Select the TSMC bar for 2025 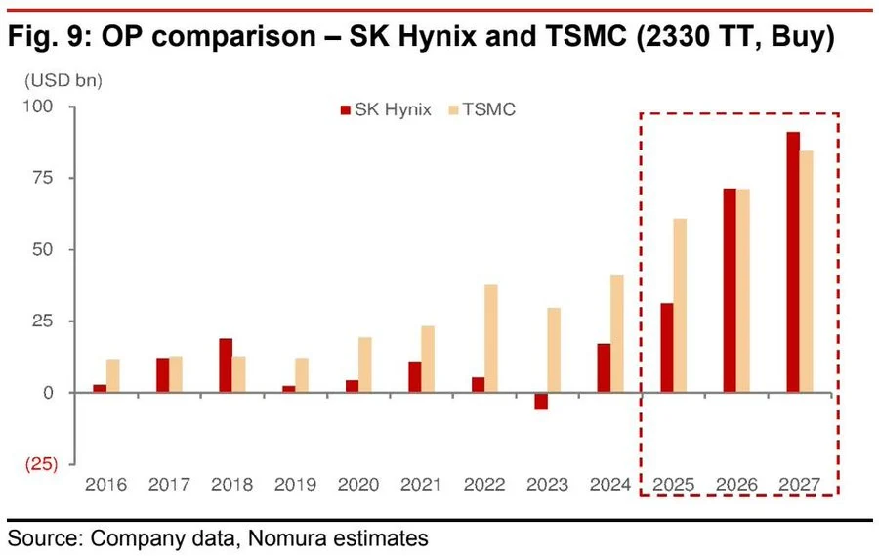click(x=680, y=305)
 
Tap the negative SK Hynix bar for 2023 click(x=541, y=401)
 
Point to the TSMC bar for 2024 click(x=617, y=333)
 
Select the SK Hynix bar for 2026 click(x=730, y=290)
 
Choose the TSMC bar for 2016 click(x=114, y=375)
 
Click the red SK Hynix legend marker click(x=344, y=109)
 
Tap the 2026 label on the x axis click(x=736, y=484)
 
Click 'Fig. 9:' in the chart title click(x=49, y=38)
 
